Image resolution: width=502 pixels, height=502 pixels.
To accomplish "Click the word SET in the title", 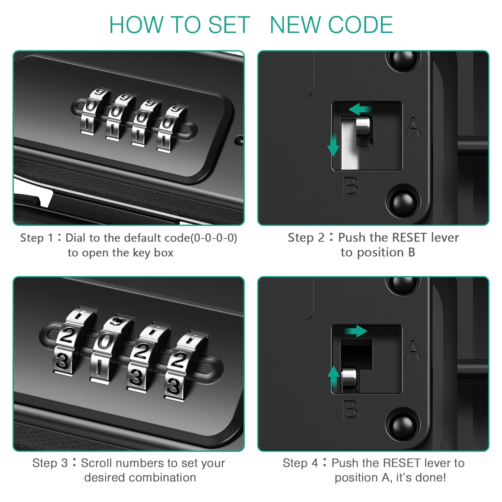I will click(x=229, y=25).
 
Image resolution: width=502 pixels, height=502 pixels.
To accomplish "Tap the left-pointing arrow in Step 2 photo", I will click(x=360, y=110).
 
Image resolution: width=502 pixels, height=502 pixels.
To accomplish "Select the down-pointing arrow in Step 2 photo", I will click(x=333, y=146).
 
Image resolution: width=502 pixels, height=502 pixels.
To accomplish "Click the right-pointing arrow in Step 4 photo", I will click(x=356, y=331).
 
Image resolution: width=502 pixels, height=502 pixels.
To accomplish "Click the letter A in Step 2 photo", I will click(x=413, y=127).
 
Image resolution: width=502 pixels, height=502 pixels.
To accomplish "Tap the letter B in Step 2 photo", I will click(x=351, y=187).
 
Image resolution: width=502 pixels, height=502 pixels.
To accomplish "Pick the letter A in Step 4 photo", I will click(x=413, y=350).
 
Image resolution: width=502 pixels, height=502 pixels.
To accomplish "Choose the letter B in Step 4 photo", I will click(x=351, y=410).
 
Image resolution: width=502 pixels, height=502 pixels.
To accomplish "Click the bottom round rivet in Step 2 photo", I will click(x=403, y=201).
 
